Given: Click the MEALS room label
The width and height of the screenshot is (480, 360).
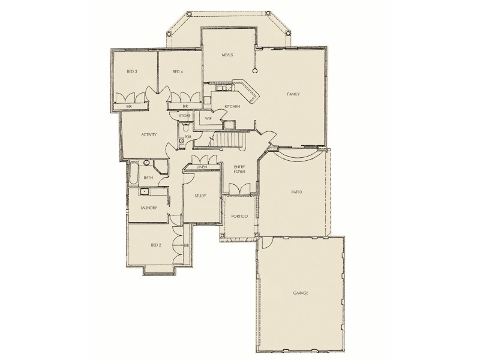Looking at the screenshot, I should (227, 55).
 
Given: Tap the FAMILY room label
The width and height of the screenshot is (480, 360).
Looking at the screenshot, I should (293, 94).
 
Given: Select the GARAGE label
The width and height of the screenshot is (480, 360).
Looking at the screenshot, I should (301, 293).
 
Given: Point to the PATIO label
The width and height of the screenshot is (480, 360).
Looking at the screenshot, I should (296, 192).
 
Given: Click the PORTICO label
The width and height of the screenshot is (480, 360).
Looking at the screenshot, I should (232, 216).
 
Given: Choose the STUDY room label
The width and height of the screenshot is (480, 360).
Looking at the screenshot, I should (200, 196).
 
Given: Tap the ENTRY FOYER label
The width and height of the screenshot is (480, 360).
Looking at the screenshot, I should (232, 169).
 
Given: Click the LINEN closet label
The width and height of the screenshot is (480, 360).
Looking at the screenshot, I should (202, 166).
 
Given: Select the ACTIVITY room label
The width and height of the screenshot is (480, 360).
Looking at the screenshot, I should (149, 134).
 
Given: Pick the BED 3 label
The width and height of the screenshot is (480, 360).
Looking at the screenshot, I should (132, 72).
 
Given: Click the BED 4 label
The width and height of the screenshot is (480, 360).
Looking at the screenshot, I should (177, 72).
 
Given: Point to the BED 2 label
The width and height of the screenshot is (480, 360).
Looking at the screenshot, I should (155, 245).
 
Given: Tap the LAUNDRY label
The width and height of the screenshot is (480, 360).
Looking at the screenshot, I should (148, 208).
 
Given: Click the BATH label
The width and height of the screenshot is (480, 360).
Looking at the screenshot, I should (148, 178).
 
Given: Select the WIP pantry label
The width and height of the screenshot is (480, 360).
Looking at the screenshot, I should (208, 119).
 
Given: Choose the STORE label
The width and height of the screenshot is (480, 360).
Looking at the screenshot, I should (185, 115).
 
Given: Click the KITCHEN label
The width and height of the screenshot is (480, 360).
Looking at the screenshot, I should (232, 106).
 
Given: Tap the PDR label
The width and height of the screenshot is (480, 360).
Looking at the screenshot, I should (188, 137).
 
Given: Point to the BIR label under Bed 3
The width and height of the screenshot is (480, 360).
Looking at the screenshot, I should (128, 107).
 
